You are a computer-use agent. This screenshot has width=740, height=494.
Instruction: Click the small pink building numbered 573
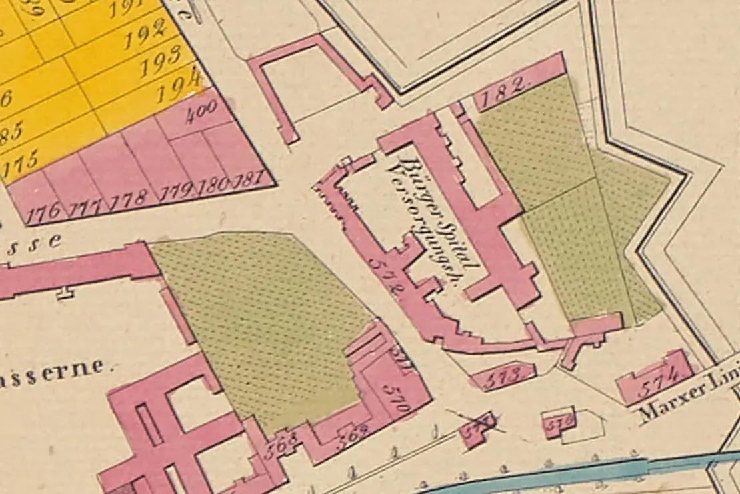(x=502, y=377)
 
